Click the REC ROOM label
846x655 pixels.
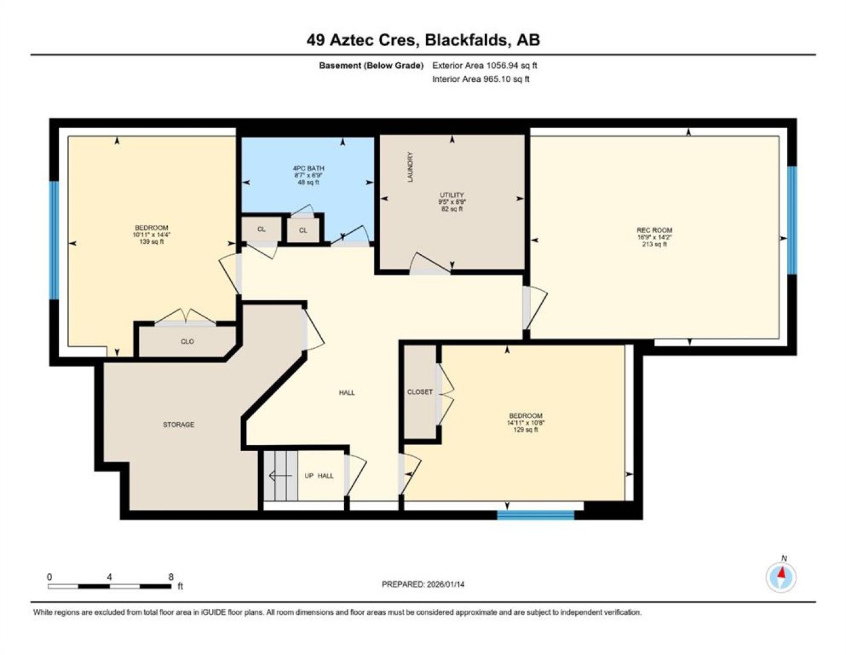pos(654,230)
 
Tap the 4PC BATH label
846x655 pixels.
pos(308,169)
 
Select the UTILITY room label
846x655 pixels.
pos(451,195)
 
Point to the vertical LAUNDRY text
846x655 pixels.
pos(410,167)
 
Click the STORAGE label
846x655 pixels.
pos(178,425)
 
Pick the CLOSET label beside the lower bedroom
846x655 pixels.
pos(420,392)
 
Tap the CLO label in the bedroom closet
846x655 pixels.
pos(187,341)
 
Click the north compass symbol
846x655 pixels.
pos(781,577)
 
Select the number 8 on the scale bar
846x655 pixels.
pos(170,577)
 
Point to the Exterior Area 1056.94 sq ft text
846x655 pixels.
pos(485,65)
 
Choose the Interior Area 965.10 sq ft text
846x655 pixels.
pos(481,79)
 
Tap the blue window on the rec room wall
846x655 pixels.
pos(792,221)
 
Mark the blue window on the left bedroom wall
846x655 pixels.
pos(54,240)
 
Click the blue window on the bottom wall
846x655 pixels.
pos(536,515)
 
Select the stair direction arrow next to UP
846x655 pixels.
pos(281,475)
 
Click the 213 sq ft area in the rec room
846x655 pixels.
pos(654,244)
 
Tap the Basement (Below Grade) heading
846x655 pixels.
pos(371,65)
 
